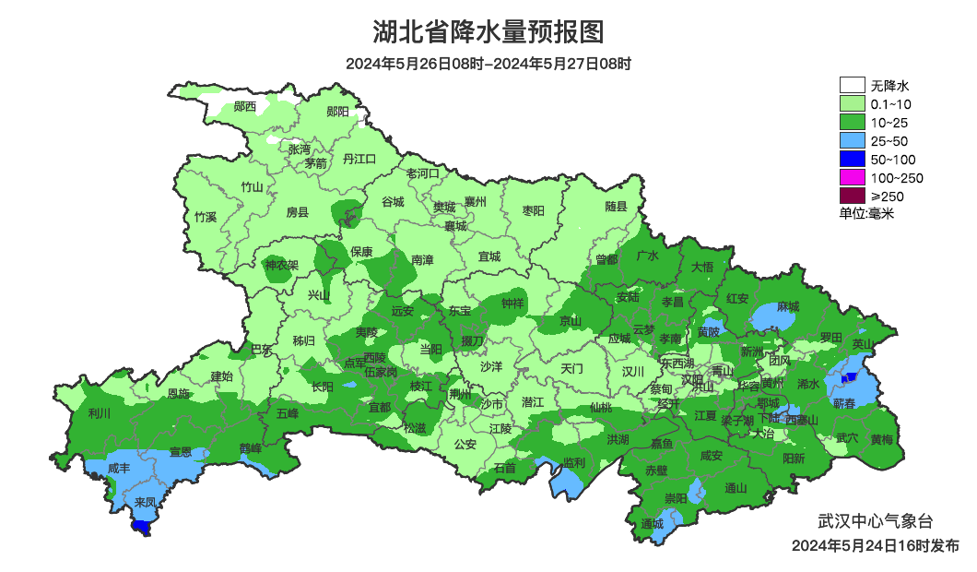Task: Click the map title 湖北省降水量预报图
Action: click(488, 32)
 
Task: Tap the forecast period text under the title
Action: click(488, 64)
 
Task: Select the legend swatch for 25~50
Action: click(852, 140)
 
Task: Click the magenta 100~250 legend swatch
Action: click(852, 177)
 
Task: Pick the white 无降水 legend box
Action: click(852, 85)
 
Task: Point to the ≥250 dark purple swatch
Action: click(852, 196)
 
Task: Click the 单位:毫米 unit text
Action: click(866, 213)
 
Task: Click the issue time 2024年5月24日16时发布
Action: click(875, 546)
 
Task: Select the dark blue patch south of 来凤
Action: click(142, 526)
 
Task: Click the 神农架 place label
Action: click(281, 266)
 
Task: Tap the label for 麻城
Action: click(787, 306)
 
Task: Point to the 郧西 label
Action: click(245, 107)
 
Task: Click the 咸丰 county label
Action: click(119, 469)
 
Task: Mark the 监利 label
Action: click(573, 462)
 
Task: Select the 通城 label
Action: click(652, 524)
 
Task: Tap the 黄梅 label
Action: click(881, 439)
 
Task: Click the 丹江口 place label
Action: click(359, 159)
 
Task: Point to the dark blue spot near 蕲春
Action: click(850, 376)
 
